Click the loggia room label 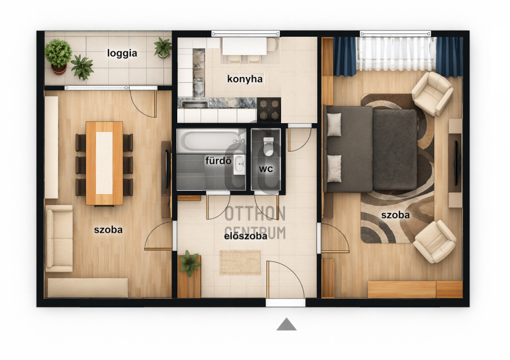coord(122,53)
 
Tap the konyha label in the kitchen coord(245,78)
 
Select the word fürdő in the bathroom coord(218,160)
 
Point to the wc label coord(266,169)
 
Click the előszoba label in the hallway coord(246,236)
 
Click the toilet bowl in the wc coord(269,146)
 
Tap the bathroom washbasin coord(239,165)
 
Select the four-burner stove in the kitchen coord(269,110)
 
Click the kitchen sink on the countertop coord(195,104)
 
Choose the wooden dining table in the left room coord(104,163)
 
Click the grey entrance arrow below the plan coord(286,324)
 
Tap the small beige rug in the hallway coord(240,262)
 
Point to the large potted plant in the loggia coord(58,56)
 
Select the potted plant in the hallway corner coord(189,263)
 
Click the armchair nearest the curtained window coord(432,93)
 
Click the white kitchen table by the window coord(244,46)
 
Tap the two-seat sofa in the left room coord(59,238)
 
